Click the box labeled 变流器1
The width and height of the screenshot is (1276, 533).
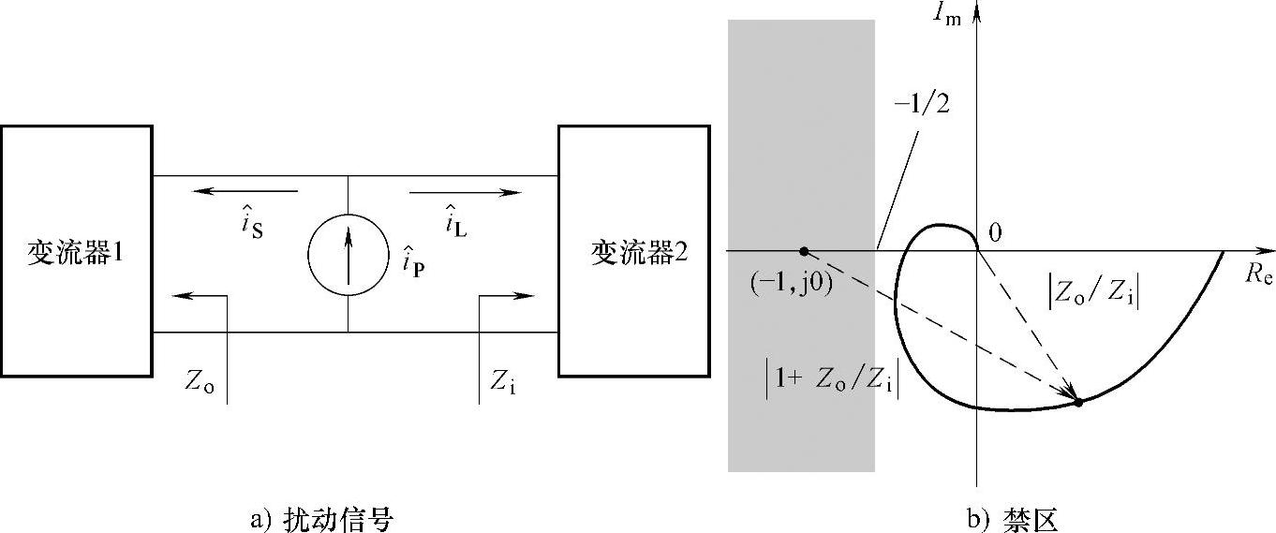tap(76, 251)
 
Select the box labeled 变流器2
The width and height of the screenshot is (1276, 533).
tap(632, 251)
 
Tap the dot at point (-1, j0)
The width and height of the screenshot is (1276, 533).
tap(803, 251)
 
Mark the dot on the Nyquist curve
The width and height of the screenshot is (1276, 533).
tap(1078, 402)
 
